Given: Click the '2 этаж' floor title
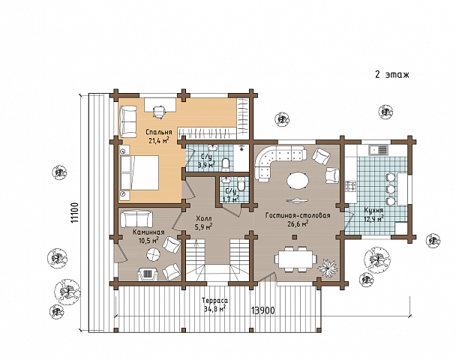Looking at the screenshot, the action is pyautogui.click(x=392, y=74).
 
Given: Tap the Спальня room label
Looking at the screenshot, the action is pyautogui.click(x=159, y=132).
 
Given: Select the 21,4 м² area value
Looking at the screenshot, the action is pyautogui.click(x=159, y=141).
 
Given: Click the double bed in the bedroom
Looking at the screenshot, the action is pyautogui.click(x=139, y=172).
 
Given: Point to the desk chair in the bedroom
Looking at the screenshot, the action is pyautogui.click(x=159, y=112).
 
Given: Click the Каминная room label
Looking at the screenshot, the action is pyautogui.click(x=148, y=232).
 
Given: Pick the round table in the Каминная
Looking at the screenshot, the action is pyautogui.click(x=153, y=255).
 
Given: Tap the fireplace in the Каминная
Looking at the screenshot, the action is pyautogui.click(x=148, y=274).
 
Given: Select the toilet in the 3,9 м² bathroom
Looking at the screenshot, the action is pyautogui.click(x=226, y=164).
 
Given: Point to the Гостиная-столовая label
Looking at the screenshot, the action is pyautogui.click(x=298, y=215).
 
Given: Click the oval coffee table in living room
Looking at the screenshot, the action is pyautogui.click(x=298, y=181).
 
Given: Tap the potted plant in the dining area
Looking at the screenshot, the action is pyautogui.click(x=328, y=267).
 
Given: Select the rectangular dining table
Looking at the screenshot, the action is pyautogui.click(x=295, y=259).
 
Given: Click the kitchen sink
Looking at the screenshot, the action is pyautogui.click(x=379, y=150).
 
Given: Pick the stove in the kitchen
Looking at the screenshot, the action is pyautogui.click(x=350, y=186).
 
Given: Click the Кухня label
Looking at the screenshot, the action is pyautogui.click(x=373, y=210).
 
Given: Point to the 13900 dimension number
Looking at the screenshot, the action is pyautogui.click(x=263, y=310).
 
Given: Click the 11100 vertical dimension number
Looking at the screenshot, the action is pyautogui.click(x=75, y=213).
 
